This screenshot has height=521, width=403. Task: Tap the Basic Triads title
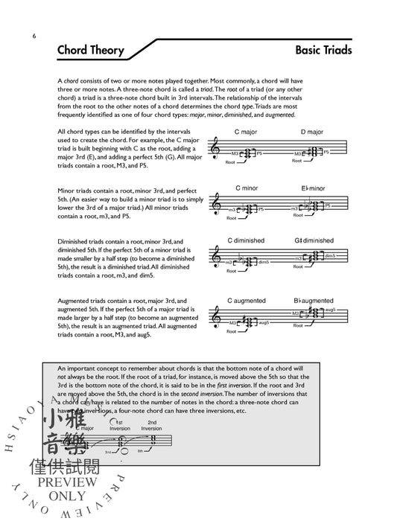[x=323, y=51]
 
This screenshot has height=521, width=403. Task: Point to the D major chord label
[x=313, y=132]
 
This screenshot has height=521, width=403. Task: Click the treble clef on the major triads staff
[x=218, y=150]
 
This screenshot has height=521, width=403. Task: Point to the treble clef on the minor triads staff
[x=218, y=202]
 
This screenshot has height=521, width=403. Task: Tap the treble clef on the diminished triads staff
[x=218, y=258]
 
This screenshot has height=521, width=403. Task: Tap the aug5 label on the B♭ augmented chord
[x=331, y=308]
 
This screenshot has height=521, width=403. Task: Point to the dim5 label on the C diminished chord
[x=263, y=262]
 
